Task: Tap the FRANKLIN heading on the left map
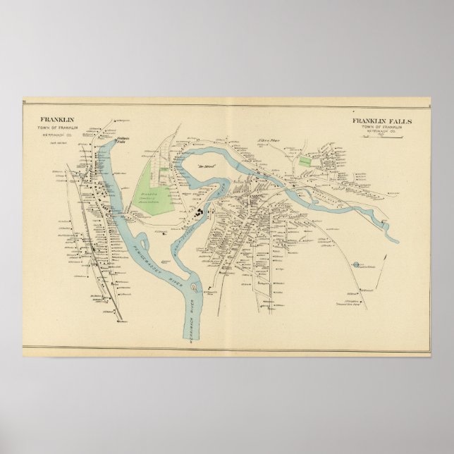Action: click(56, 121)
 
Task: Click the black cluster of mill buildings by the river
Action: click(202, 210)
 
